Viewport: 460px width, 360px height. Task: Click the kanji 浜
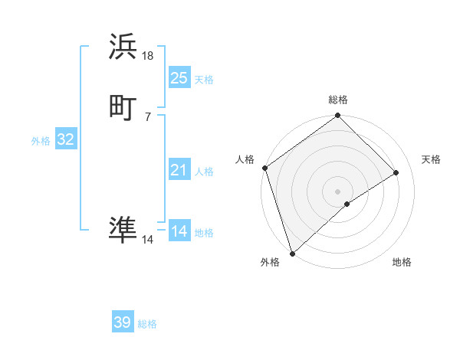123,47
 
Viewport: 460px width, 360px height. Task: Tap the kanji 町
123,106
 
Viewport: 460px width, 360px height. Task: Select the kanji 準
123,230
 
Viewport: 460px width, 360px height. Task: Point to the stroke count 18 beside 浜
148,55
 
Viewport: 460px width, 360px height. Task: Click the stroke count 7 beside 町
147,116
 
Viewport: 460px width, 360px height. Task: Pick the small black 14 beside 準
148,240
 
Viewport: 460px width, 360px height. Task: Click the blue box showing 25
179,77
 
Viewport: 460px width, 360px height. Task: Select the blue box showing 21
179,170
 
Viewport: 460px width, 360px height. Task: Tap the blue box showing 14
179,231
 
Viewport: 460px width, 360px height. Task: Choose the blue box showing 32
65,139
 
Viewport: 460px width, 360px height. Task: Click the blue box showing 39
123,322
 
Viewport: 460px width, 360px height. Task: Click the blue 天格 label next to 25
204,79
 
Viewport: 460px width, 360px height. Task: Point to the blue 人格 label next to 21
204,172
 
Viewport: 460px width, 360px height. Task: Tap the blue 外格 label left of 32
41,141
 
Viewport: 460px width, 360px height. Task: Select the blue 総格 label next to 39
147,324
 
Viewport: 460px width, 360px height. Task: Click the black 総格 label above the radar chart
338,100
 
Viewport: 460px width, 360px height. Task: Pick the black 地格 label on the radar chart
402,263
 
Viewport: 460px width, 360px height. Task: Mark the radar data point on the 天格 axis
396,172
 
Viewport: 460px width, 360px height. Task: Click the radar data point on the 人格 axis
264,168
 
